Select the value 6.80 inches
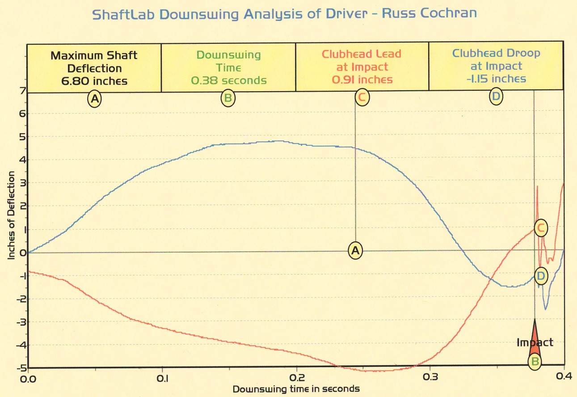94,81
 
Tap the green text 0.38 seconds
228,80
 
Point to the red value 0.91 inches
362,80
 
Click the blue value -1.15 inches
496,79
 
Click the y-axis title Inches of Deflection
11,215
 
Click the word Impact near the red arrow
535,342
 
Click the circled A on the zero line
355,251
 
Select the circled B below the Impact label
535,361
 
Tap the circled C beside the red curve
541,228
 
